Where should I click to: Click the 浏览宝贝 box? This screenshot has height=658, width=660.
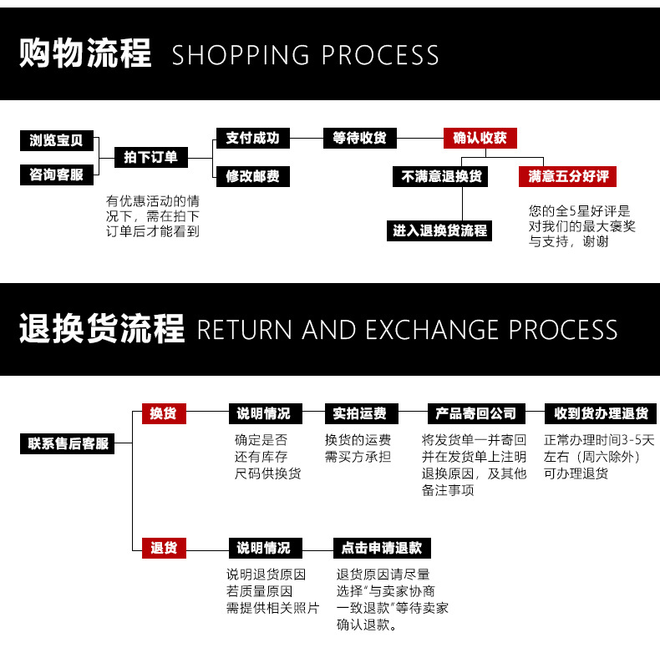coord(56,140)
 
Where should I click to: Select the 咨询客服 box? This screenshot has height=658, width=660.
coord(56,175)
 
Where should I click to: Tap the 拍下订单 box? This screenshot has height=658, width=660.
coord(151,157)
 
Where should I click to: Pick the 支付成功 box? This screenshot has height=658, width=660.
coord(252,138)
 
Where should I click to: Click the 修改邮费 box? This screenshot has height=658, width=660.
coord(252,176)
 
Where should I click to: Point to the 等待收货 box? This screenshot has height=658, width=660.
coord(359,138)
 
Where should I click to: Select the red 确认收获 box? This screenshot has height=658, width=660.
coord(480,138)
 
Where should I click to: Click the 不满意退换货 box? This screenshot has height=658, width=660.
coord(441,176)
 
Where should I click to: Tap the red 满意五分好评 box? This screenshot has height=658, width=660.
coord(567,176)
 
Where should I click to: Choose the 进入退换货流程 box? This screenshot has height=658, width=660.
coord(440,230)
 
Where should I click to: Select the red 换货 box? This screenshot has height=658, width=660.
coord(163,413)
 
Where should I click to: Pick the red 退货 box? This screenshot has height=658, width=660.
coord(163,548)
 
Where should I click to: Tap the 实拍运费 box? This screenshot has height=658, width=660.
coord(360,413)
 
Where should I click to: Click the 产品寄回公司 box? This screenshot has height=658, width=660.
coord(476,413)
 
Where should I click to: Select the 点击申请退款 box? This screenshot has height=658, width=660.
coord(382,548)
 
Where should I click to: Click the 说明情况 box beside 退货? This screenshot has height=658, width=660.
coord(263,548)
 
